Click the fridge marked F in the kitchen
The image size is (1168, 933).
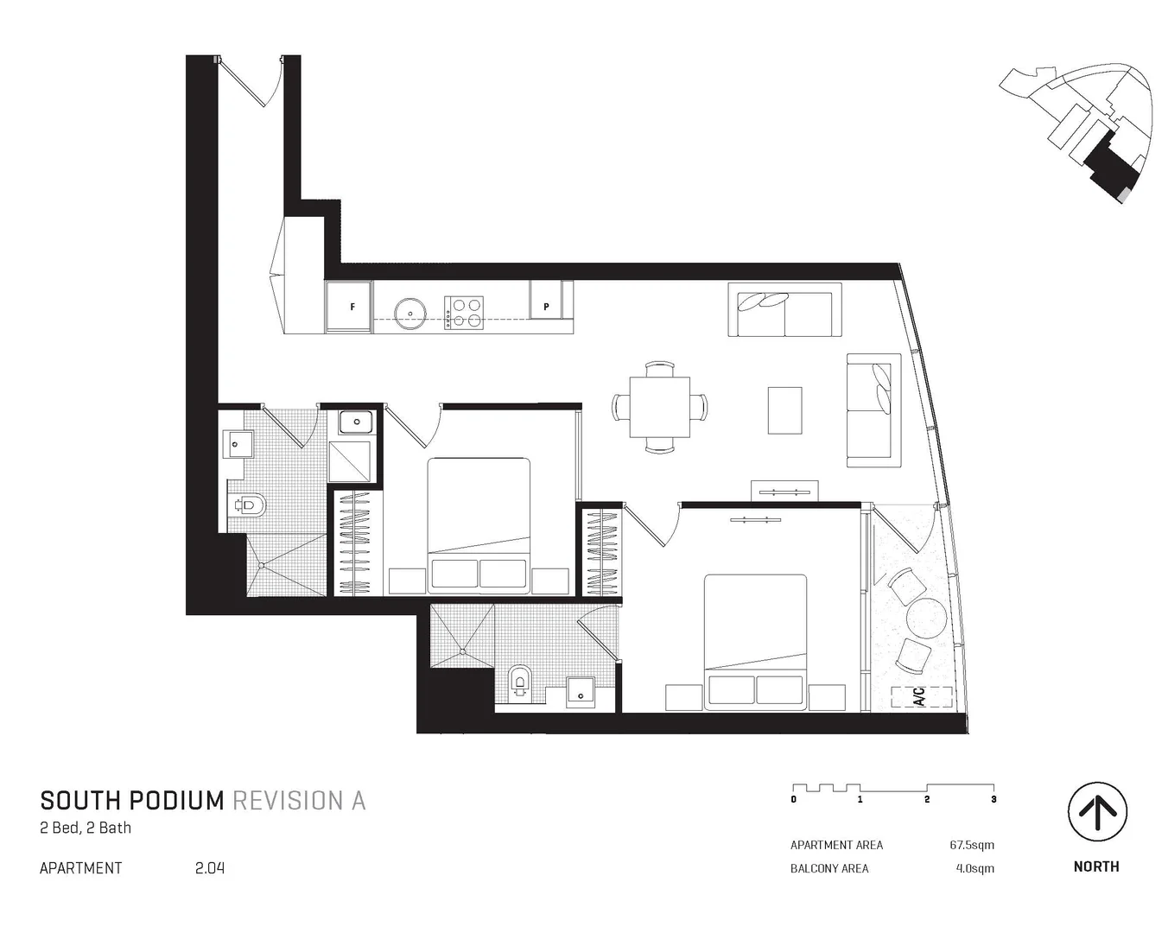[350, 308]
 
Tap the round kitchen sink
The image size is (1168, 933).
[409, 313]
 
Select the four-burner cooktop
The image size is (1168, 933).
[464, 313]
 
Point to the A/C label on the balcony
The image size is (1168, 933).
[920, 696]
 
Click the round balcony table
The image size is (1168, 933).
[927, 618]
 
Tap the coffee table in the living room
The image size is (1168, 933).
[784, 410]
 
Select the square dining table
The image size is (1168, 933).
[660, 408]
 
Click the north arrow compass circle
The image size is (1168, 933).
[1097, 812]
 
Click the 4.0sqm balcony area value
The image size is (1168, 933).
[974, 868]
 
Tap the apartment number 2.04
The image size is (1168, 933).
[210, 868]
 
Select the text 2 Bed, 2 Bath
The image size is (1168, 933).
[86, 828]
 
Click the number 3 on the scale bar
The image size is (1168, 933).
[993, 800]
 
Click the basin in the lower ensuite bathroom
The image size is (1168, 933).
[580, 689]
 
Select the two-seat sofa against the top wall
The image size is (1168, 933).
[784, 309]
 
